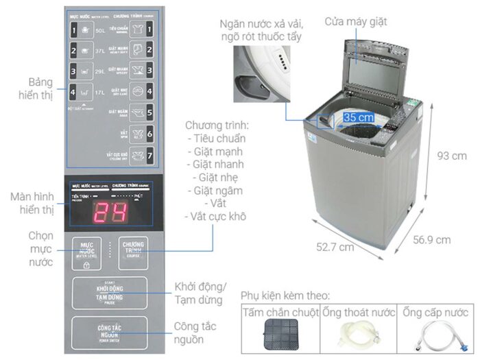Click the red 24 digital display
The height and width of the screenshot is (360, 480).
point(110,213)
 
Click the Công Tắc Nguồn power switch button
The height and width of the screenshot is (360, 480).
point(109,333)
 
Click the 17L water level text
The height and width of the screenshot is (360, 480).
point(100,90)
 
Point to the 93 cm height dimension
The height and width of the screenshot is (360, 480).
point(451,156)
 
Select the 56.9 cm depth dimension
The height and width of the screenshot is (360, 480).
point(431,239)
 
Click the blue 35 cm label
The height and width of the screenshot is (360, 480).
point(359,118)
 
